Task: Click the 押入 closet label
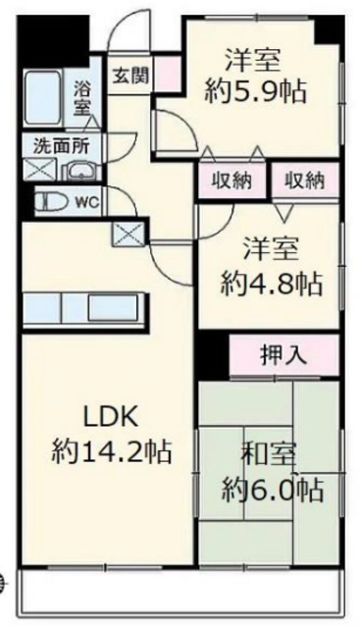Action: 283,355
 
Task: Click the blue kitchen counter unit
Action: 86,307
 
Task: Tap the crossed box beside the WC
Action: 129,234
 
